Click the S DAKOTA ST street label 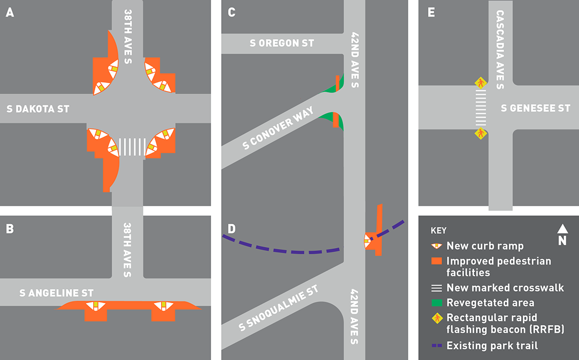[38, 109]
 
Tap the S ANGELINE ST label [56, 293]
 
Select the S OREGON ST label [282, 43]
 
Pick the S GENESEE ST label [535, 108]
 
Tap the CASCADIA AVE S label [500, 49]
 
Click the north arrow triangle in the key [562, 228]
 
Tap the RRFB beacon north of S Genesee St [481, 83]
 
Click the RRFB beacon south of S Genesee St [481, 134]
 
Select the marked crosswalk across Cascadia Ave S [481, 108]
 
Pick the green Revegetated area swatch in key [437, 303]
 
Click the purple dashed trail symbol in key [437, 346]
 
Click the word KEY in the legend [438, 231]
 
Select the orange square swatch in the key [437, 261]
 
